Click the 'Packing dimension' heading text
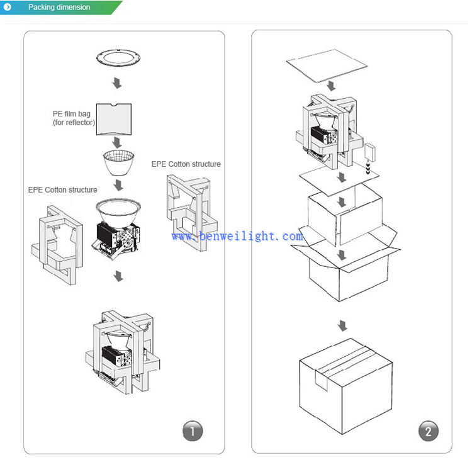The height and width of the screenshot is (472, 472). point(59,8)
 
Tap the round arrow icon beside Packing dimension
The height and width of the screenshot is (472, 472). point(8,8)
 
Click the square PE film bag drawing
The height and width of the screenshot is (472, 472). point(115,118)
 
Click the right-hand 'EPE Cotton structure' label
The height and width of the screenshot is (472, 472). point(186,164)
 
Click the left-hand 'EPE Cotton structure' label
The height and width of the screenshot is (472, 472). point(63,190)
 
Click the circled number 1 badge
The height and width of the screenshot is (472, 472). point(193,431)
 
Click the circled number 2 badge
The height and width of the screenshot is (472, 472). point(428,431)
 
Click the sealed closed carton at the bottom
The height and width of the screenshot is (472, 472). point(346,383)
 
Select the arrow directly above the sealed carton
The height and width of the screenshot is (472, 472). point(342,325)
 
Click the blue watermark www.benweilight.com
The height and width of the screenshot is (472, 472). point(237,237)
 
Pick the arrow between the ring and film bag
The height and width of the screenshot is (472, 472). point(116,83)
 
